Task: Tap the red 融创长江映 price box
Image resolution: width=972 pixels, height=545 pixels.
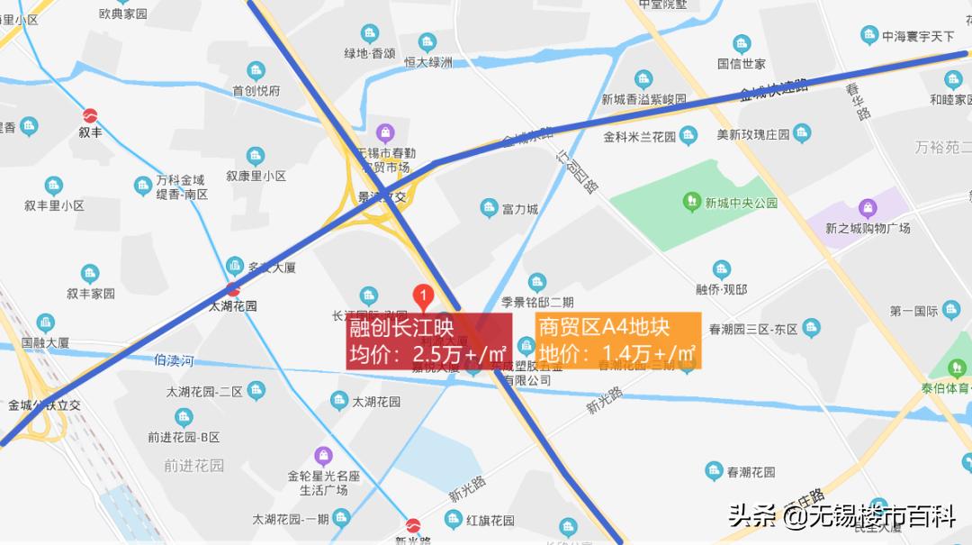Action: (x=428, y=341)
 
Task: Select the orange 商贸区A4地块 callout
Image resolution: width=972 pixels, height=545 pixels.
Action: (x=617, y=341)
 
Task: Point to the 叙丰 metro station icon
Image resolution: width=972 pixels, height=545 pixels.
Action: (x=90, y=116)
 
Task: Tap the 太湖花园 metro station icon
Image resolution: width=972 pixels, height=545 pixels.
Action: (x=233, y=289)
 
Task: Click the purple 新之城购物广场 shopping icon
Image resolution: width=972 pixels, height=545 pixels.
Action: (x=868, y=208)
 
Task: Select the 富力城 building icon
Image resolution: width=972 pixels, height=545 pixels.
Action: (x=489, y=208)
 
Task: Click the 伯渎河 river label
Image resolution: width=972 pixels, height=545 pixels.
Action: (x=174, y=361)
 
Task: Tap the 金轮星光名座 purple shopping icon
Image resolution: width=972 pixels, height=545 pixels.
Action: (x=323, y=455)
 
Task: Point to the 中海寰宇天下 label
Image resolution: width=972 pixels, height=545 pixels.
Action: (x=917, y=37)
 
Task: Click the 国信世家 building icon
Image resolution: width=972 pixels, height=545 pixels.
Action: (x=741, y=44)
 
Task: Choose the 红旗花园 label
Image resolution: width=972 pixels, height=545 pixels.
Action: (x=490, y=521)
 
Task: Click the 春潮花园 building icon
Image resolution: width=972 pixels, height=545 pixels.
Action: (x=714, y=471)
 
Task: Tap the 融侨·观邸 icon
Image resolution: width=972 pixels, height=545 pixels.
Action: (x=721, y=269)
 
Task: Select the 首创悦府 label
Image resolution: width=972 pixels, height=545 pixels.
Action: (x=256, y=90)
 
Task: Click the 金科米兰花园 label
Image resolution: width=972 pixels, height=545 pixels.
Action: (x=639, y=136)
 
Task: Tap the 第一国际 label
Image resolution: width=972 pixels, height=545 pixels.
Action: (x=913, y=312)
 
